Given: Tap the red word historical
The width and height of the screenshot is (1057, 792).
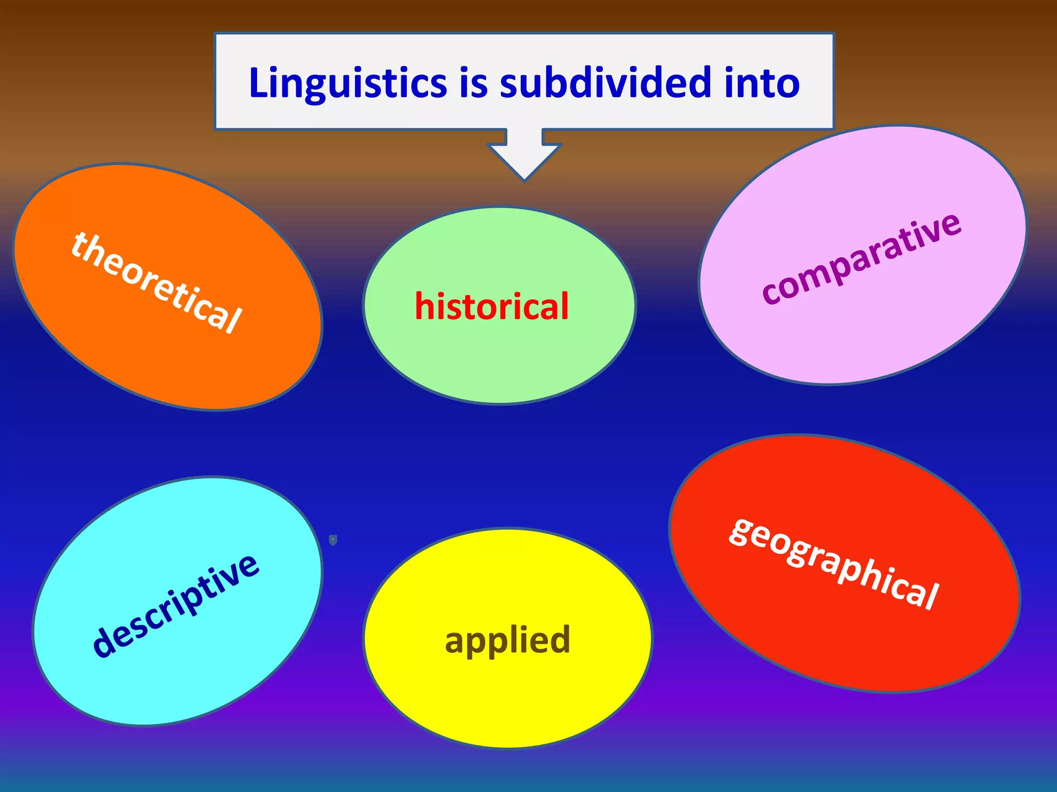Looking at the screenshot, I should [491, 306].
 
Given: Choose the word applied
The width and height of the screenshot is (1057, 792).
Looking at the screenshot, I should [507, 640].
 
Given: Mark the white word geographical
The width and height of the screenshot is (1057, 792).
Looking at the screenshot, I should [834, 563].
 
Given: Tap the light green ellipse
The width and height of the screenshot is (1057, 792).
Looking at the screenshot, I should [500, 361].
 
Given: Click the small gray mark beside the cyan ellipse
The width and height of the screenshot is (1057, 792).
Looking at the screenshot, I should [333, 540].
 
